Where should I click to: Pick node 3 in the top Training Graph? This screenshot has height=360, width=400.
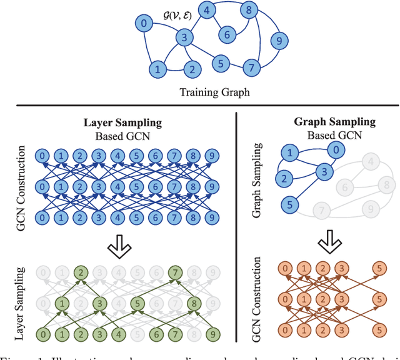(184, 39)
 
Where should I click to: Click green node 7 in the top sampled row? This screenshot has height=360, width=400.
(177, 272)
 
